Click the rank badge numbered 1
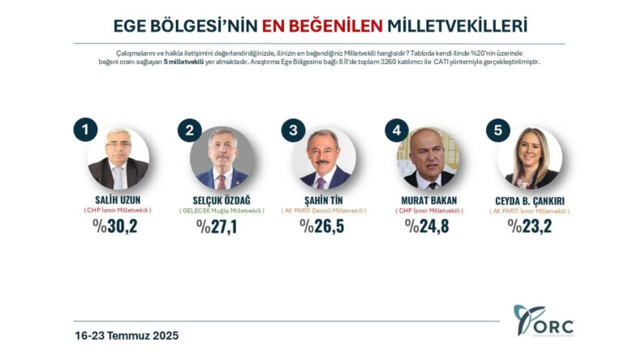(85, 130)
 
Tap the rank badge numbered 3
(293, 131)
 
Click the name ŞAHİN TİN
(325, 199)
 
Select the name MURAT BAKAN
(428, 199)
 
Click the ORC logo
(543, 321)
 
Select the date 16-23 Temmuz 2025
(127, 335)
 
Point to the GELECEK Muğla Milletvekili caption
(222, 211)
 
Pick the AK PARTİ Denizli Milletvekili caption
(325, 211)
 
